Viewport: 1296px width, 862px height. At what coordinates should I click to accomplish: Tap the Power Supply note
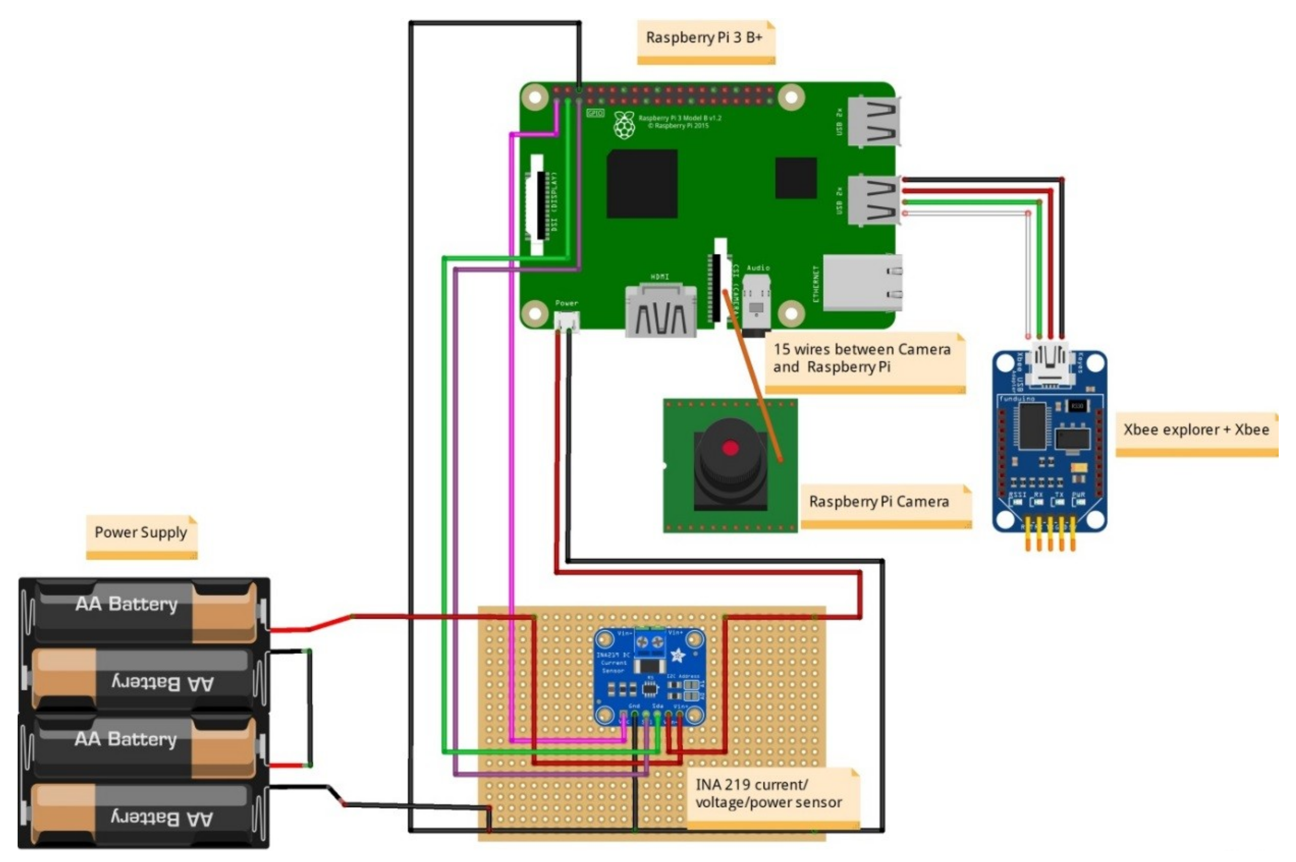pyautogui.click(x=141, y=533)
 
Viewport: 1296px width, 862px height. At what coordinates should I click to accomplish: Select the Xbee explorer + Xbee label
pyautogui.click(x=1196, y=430)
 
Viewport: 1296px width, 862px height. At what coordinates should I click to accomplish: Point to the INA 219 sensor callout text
pyautogui.click(x=768, y=794)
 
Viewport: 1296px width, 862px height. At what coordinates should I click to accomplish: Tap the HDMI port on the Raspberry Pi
pyautogui.click(x=660, y=312)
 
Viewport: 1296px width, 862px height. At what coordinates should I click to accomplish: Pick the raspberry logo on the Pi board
pyautogui.click(x=624, y=125)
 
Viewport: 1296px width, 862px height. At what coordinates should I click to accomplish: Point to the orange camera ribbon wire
pyautogui.click(x=752, y=374)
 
